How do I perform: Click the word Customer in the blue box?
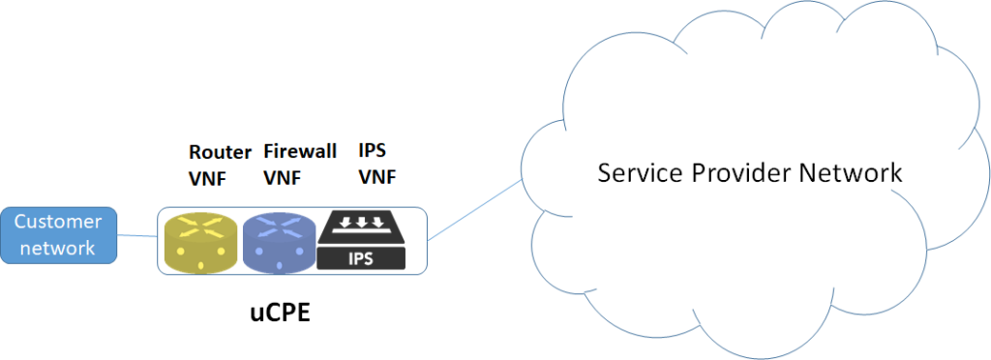pyautogui.click(x=58, y=222)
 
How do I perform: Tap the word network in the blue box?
pyautogui.click(x=58, y=248)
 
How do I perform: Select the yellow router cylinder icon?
pyautogui.click(x=199, y=243)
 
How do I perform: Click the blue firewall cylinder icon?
pyautogui.click(x=280, y=243)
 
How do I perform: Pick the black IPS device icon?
pyautogui.click(x=368, y=240)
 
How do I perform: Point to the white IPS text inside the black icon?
pyautogui.click(x=368, y=258)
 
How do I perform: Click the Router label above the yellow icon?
pyautogui.click(x=219, y=152)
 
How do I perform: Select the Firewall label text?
pyautogui.click(x=300, y=152)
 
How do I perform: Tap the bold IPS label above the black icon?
pyautogui.click(x=373, y=152)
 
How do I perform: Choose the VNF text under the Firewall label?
pyautogui.click(x=282, y=178)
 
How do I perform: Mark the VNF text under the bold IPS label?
pyautogui.click(x=377, y=178)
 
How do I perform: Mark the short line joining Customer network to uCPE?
pyautogui.click(x=136, y=235)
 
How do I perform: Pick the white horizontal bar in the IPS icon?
pyautogui.click(x=368, y=234)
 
